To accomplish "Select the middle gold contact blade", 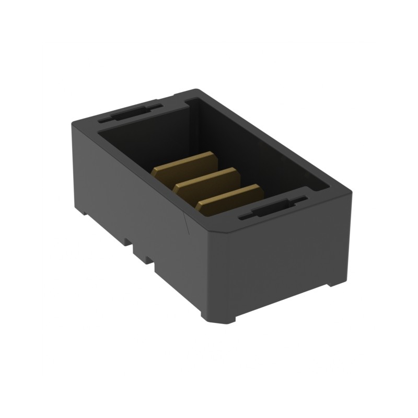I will click(x=207, y=180).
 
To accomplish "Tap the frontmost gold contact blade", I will click(x=230, y=198).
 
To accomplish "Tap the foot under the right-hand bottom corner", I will click(x=331, y=283).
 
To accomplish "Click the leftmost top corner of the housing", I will click(x=73, y=121).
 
